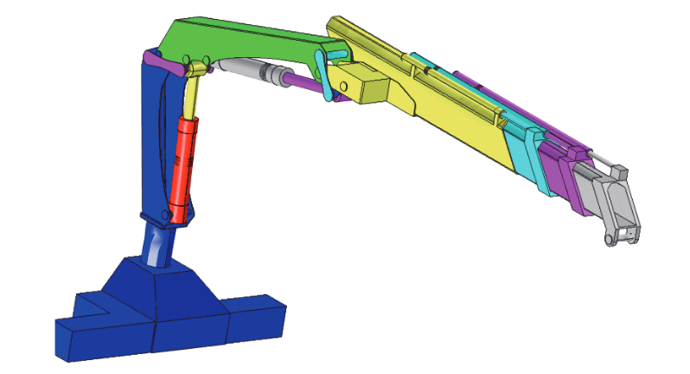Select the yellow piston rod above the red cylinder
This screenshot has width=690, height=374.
(x=194, y=96)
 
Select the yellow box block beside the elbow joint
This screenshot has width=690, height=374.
(x=367, y=87)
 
